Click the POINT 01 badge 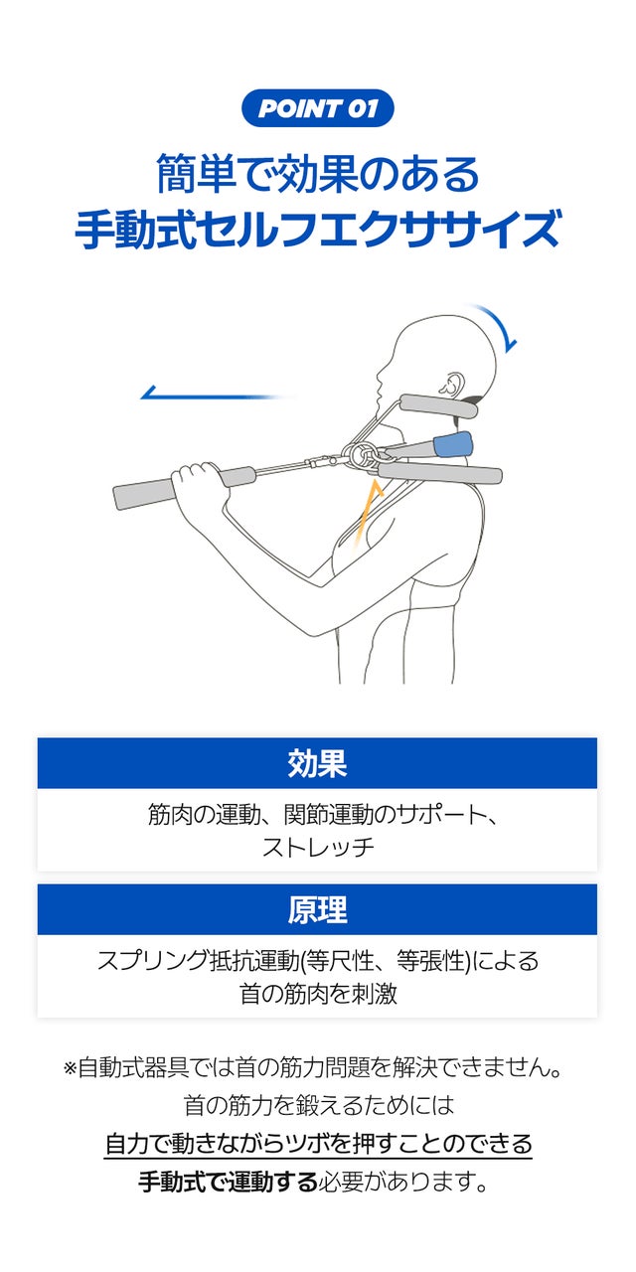[318, 108]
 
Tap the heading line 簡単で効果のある [318, 174]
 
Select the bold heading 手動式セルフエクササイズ [318, 230]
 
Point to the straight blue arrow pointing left [214, 394]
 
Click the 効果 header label [317, 763]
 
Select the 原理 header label [317, 909]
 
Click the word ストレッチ [318, 847]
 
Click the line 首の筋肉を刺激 [318, 993]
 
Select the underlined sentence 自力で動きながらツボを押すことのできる [318, 1143]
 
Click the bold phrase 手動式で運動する [228, 1183]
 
